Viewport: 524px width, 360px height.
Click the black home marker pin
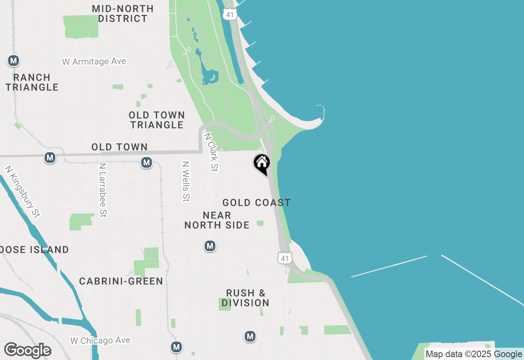(262, 164)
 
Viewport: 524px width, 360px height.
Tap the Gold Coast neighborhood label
(257, 202)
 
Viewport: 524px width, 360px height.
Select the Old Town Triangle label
(157, 120)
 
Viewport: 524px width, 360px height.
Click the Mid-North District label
(123, 13)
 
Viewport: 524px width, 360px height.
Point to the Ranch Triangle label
(32, 82)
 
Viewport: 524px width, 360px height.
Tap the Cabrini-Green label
(121, 281)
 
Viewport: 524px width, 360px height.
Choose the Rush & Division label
(246, 298)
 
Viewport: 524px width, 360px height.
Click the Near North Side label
(217, 220)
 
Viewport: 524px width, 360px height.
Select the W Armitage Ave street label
(94, 61)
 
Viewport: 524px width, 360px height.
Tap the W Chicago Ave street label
(100, 340)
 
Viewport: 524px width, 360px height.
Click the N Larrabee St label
(103, 190)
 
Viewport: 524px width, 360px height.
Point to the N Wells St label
(186, 181)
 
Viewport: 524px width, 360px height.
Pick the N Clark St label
(211, 152)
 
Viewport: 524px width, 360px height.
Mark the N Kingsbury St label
(23, 191)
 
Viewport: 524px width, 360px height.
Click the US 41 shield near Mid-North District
(230, 14)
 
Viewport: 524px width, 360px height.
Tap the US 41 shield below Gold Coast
(285, 258)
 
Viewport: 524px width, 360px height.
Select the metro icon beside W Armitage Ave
(14, 61)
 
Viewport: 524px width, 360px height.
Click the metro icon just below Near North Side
(210, 246)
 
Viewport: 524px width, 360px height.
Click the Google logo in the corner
(27, 351)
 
